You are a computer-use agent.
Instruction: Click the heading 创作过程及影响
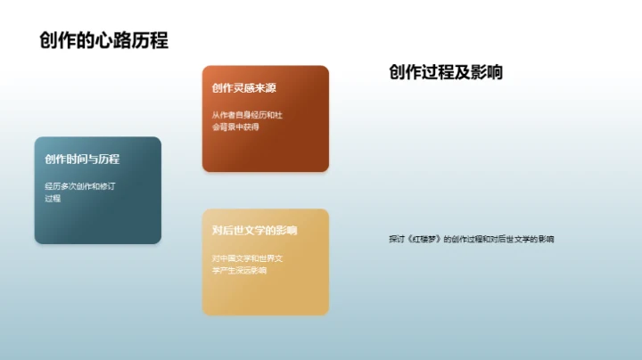click(x=446, y=73)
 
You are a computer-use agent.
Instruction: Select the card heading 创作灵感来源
click(x=244, y=88)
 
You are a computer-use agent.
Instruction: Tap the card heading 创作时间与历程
click(x=82, y=159)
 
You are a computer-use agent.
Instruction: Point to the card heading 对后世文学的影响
click(x=255, y=230)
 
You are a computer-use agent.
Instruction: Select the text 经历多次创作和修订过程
click(x=80, y=192)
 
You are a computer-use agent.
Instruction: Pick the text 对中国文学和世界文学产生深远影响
click(x=247, y=264)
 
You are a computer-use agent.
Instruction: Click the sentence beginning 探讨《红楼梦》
click(x=471, y=239)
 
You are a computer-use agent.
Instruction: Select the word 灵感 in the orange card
click(x=244, y=88)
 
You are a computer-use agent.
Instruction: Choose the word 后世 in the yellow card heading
click(x=234, y=230)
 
